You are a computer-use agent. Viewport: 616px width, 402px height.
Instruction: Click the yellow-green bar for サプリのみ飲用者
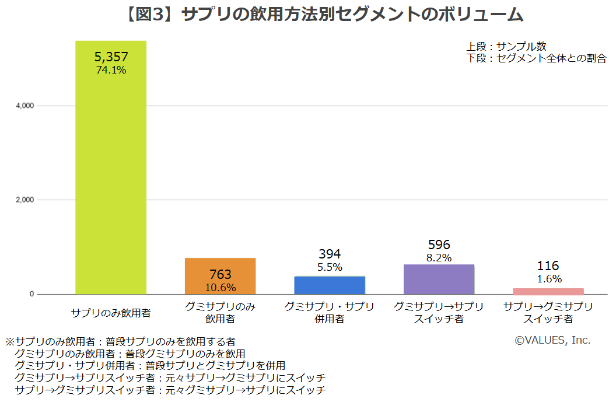point(111,175)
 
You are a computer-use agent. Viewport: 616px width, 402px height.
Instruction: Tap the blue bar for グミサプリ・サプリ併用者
point(330,285)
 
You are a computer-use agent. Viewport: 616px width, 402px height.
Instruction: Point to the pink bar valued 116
point(548,291)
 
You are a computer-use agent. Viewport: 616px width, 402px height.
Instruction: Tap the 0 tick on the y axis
point(32,294)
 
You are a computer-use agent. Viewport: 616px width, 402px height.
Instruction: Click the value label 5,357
point(111,57)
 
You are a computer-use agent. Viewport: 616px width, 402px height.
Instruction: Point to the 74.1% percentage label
point(111,69)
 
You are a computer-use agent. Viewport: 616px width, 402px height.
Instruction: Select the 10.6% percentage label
point(220,287)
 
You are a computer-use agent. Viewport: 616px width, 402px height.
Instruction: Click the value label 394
point(330,254)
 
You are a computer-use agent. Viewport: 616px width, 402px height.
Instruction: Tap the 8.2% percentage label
point(439,258)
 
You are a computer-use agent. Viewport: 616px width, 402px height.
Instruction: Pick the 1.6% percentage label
point(548,279)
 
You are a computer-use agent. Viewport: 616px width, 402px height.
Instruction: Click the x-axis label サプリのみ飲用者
point(111,313)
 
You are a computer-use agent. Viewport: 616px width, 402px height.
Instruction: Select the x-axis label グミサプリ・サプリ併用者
point(330,313)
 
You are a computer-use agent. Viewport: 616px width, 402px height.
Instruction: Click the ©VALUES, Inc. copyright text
point(552,340)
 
